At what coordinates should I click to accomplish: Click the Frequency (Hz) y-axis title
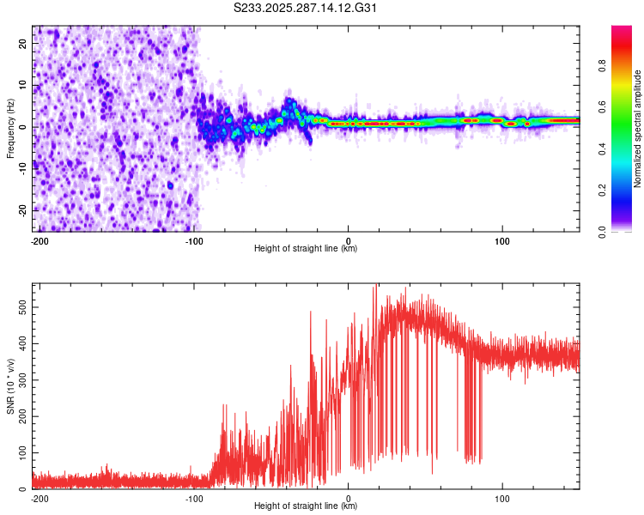[10, 129]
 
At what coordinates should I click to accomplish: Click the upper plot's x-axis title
[306, 248]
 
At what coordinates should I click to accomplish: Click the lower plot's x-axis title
[306, 506]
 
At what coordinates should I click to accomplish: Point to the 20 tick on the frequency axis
[23, 45]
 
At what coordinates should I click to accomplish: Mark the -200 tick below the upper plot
[39, 239]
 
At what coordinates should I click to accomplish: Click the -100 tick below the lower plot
[193, 497]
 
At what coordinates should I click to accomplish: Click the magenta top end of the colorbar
[622, 29]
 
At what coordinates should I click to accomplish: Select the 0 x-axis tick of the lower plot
[349, 497]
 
